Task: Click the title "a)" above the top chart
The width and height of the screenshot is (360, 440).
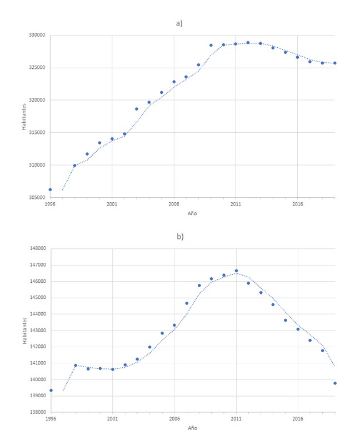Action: pos(179,23)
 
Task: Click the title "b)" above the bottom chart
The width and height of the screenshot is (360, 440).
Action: pos(179,236)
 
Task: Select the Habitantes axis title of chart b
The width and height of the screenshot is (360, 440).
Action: pos(24,331)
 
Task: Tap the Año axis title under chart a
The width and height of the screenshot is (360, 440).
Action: pos(192,213)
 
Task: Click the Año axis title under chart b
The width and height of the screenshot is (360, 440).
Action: pos(192,428)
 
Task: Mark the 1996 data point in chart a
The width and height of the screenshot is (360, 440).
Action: pos(51,189)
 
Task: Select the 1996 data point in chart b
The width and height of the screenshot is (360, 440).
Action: pos(51,390)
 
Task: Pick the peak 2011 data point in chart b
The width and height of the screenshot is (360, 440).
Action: pos(236,271)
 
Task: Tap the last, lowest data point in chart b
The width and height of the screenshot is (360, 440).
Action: pos(335,383)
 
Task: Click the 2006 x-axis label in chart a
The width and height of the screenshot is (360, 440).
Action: pos(174,204)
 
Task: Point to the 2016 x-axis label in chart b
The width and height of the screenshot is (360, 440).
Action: pos(298,418)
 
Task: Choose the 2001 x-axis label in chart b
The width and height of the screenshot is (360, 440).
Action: pos(112,418)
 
